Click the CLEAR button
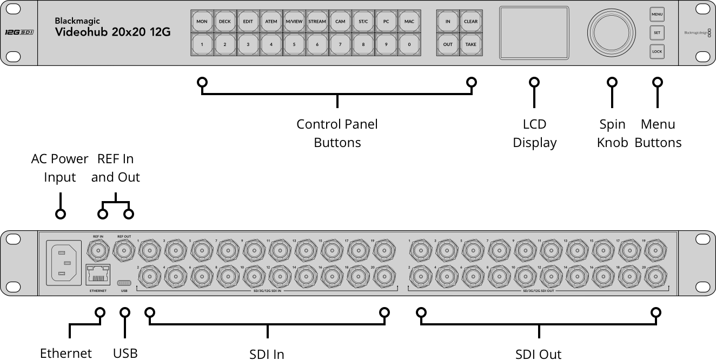[471, 22]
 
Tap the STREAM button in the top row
[317, 22]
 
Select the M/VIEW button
[294, 22]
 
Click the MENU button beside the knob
[657, 14]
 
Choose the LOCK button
[657, 52]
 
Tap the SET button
[657, 33]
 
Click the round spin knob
[612, 32]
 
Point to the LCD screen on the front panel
[534, 32]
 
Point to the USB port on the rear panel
[124, 282]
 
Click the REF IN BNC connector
[98, 250]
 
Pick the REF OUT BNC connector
[124, 250]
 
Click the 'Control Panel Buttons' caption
[337, 134]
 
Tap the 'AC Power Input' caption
[59, 168]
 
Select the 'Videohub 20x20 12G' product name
[113, 32]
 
